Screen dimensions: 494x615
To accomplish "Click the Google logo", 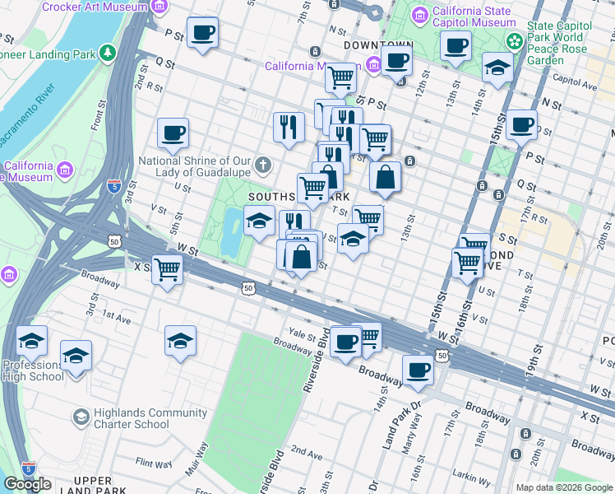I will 27,484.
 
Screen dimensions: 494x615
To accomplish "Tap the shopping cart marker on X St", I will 168,269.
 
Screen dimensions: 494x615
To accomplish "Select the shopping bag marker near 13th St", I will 385,177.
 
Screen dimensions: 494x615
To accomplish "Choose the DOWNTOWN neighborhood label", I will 377,44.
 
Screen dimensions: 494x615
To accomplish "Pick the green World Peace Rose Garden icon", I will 514,40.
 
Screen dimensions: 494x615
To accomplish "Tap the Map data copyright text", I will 564,487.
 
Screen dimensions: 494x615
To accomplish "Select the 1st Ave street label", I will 116,315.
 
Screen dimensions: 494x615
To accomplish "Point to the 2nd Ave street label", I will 307,452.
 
